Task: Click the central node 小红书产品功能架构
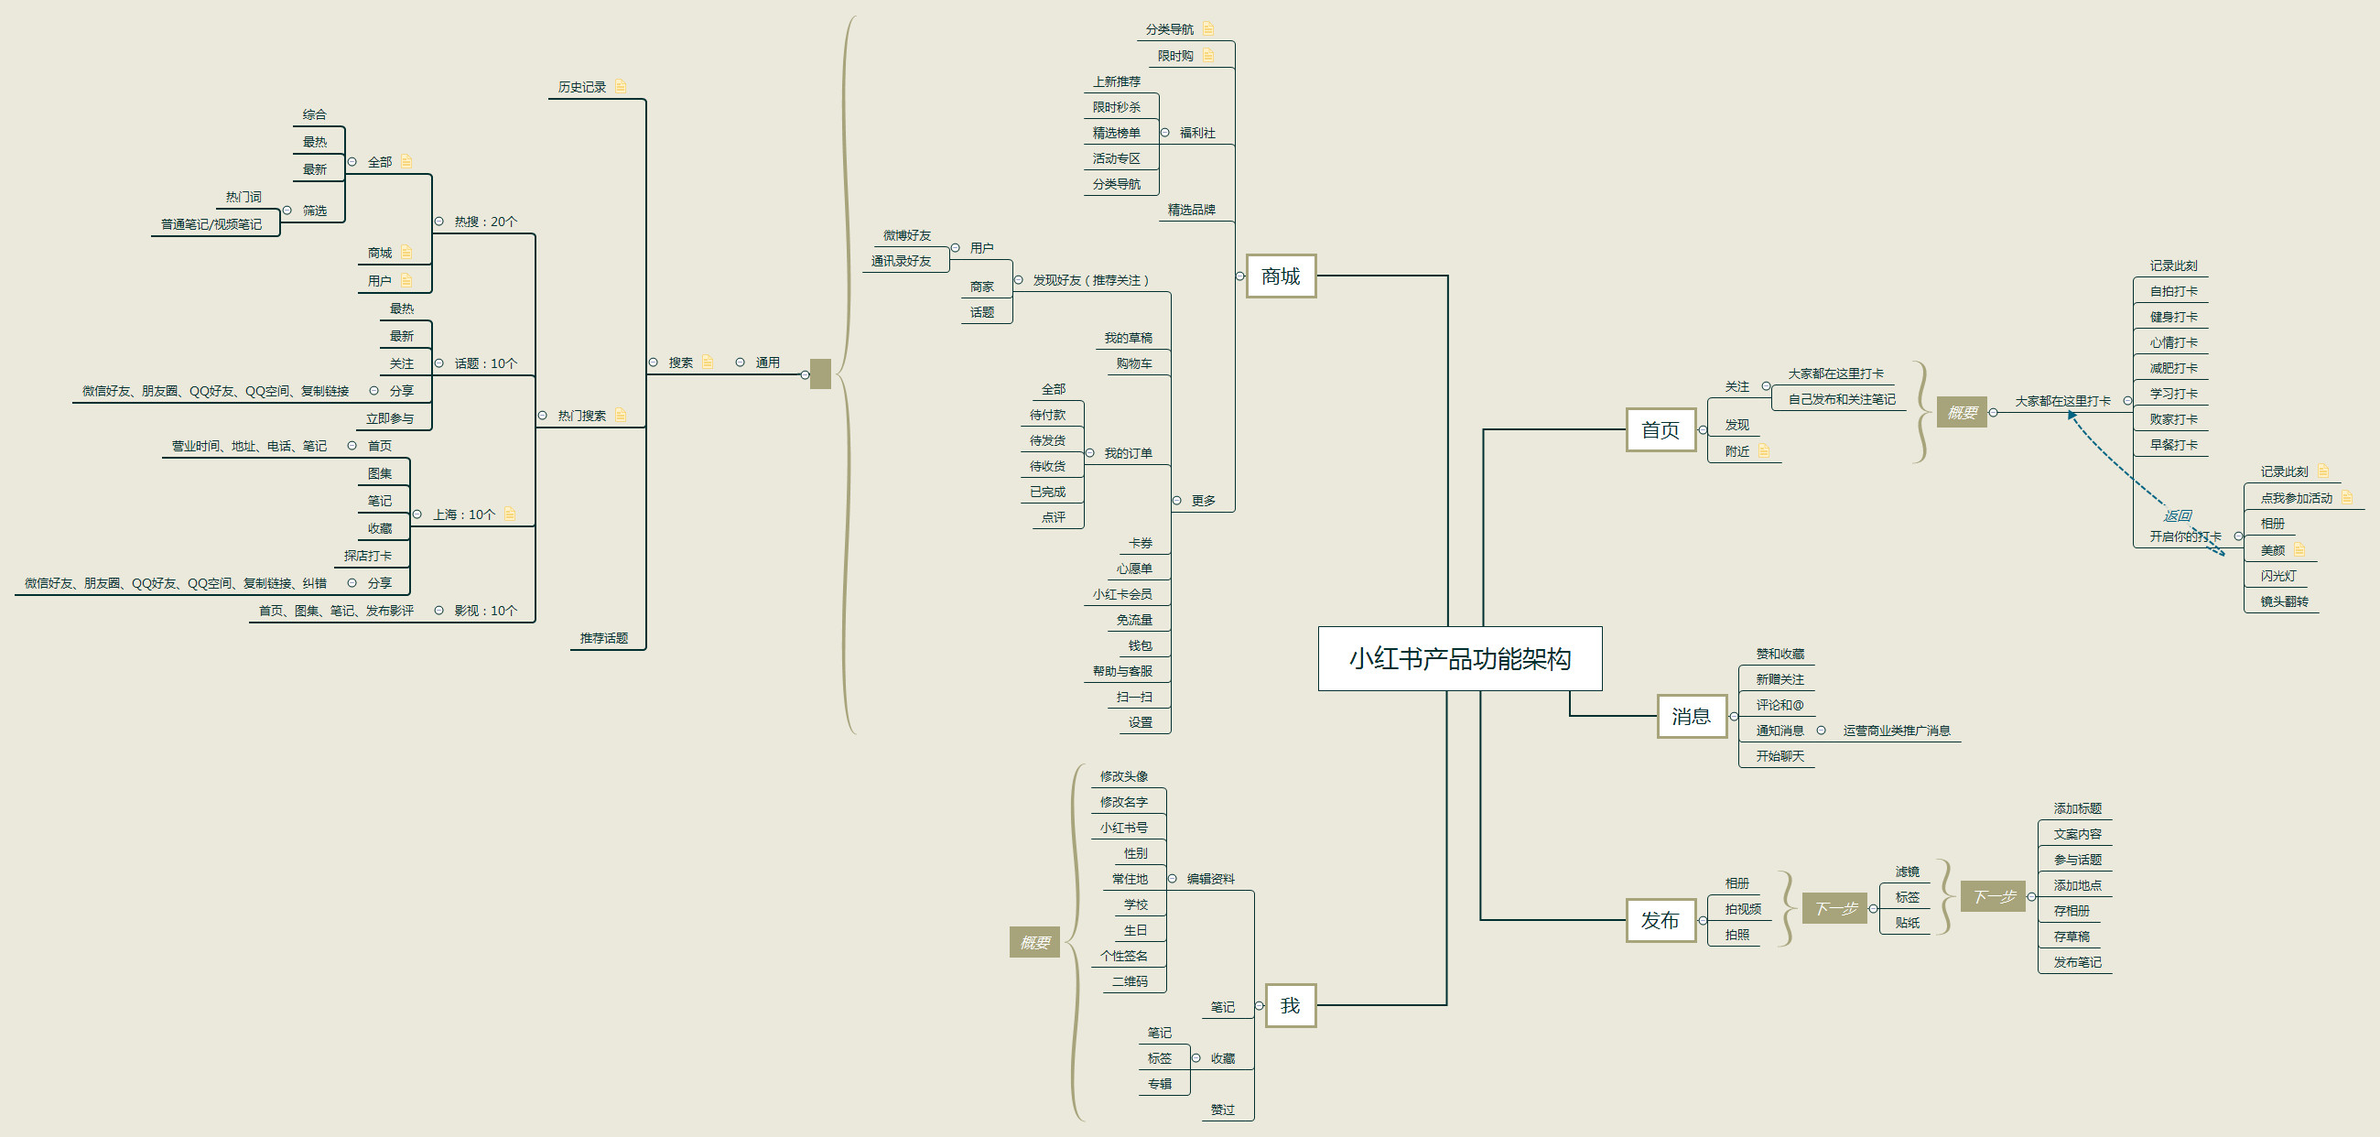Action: point(1460,658)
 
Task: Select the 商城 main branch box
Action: point(1281,276)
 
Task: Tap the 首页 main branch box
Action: point(1661,430)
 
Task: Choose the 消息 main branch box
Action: point(1691,717)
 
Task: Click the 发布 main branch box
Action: point(1661,921)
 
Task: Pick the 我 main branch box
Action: point(1290,1006)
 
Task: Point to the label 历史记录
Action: point(582,87)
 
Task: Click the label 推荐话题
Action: point(603,638)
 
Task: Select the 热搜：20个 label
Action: point(485,222)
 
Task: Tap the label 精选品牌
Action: point(1191,210)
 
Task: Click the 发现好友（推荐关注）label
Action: point(1091,280)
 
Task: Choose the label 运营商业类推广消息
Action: point(1896,731)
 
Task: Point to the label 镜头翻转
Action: point(2284,601)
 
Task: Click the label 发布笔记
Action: point(2077,962)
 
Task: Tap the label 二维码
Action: point(1130,981)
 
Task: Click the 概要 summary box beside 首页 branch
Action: point(1962,413)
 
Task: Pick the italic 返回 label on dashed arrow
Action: point(2177,515)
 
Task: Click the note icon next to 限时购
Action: point(1207,56)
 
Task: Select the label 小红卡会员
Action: point(1121,595)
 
